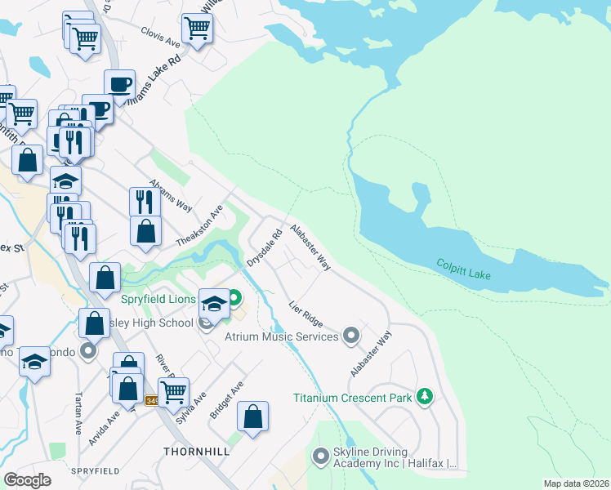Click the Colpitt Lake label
pos(463,269)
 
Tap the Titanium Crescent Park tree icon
pos(424,397)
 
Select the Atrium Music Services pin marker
pos(351,336)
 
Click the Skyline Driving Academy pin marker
pos(320,455)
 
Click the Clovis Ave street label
pos(160,39)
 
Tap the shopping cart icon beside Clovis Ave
pos(197,28)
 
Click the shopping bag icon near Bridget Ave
pos(253,416)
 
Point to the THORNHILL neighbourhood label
pos(196,451)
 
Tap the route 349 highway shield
pos(152,400)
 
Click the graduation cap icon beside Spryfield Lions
pos(214,305)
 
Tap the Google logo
pos(27,480)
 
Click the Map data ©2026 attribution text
pos(576,483)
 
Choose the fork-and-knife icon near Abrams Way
pos(145,201)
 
